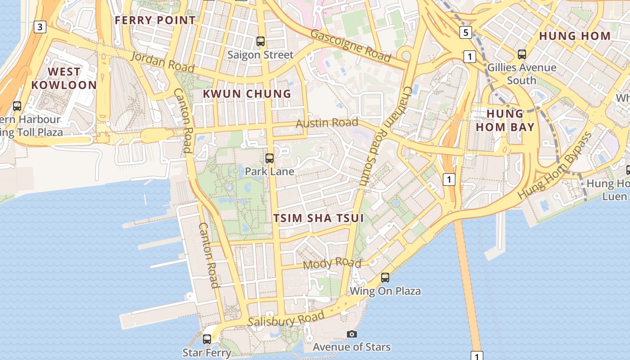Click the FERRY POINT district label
(x=155, y=20)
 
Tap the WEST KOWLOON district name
(x=64, y=78)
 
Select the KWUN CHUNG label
(x=247, y=94)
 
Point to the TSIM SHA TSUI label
(x=319, y=218)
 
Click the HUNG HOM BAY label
(x=505, y=120)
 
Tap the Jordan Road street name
(x=163, y=62)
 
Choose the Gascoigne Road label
(x=351, y=45)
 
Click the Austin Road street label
(x=327, y=123)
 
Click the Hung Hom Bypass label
(x=555, y=166)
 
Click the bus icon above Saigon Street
(x=260, y=41)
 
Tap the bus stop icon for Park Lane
(x=270, y=158)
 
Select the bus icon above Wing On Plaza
(x=385, y=277)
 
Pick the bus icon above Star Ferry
(x=207, y=339)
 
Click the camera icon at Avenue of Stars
(x=352, y=334)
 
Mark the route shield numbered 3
(x=40, y=27)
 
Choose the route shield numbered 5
(x=465, y=32)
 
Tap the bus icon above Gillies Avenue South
(x=522, y=54)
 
